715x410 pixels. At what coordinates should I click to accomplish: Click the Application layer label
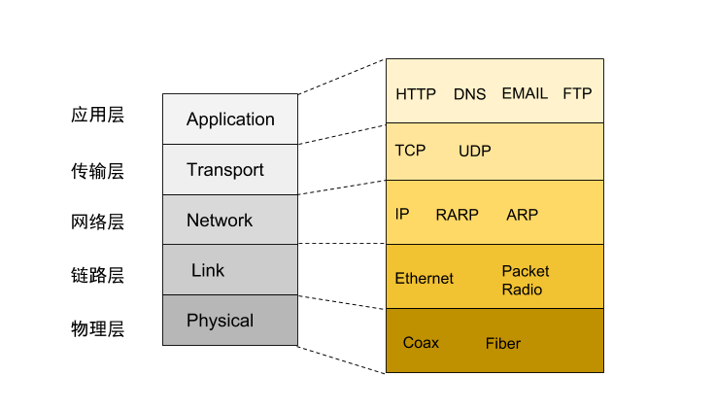click(x=230, y=120)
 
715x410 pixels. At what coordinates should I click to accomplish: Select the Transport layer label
click(x=224, y=170)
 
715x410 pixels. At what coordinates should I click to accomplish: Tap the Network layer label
click(x=220, y=221)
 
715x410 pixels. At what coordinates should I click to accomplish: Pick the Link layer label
click(x=208, y=270)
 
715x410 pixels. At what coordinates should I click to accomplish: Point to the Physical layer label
click(x=220, y=321)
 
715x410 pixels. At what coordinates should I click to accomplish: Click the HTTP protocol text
click(x=417, y=94)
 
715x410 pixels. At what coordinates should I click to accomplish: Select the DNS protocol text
click(x=469, y=94)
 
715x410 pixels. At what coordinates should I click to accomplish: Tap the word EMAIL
click(x=525, y=94)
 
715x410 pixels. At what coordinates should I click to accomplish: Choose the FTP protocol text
click(x=577, y=94)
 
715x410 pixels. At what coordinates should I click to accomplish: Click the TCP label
click(x=410, y=151)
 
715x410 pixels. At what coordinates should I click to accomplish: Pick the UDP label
click(x=474, y=151)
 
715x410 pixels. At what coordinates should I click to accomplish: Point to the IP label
click(x=402, y=214)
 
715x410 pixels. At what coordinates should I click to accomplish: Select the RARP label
click(x=457, y=215)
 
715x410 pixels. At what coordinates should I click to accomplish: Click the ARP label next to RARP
click(x=522, y=215)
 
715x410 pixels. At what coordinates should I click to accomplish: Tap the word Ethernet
click(x=424, y=279)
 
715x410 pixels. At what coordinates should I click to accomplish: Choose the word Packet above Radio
click(x=525, y=271)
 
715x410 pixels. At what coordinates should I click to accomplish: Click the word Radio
click(x=522, y=290)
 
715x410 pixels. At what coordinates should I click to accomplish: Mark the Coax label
click(x=421, y=343)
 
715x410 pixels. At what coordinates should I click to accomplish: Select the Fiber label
click(x=503, y=343)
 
